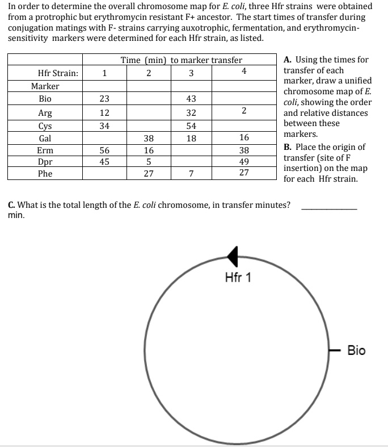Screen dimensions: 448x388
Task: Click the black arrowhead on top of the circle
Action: (x=232, y=257)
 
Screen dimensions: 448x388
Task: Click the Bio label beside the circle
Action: (x=356, y=350)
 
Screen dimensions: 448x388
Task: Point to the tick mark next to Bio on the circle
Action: (x=335, y=350)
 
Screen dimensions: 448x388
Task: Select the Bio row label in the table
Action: (x=45, y=98)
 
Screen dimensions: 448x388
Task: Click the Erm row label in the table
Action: (x=45, y=150)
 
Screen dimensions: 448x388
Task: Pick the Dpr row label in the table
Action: (x=45, y=162)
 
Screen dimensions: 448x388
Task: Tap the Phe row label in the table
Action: (x=45, y=174)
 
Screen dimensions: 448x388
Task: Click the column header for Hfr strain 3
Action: (x=191, y=73)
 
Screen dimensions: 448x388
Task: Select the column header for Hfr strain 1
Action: (x=104, y=73)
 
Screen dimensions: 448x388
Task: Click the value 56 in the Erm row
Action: (x=104, y=150)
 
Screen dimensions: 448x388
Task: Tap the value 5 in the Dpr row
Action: (x=148, y=162)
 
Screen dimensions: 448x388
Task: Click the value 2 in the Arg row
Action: (x=243, y=111)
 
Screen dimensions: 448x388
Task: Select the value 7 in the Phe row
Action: (x=191, y=174)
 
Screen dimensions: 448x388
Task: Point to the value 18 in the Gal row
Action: (x=191, y=138)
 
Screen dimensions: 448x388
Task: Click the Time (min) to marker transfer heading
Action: (x=181, y=60)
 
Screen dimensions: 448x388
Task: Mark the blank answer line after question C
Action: (x=329, y=209)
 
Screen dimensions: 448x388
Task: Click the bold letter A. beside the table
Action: (x=288, y=60)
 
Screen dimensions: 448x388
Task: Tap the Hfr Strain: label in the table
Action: (x=58, y=73)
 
